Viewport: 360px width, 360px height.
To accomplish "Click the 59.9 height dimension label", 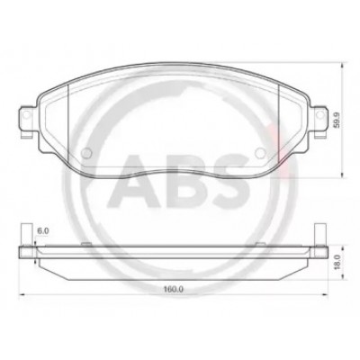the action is click(x=337, y=120).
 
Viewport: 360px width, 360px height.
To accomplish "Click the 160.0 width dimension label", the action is click(x=174, y=290).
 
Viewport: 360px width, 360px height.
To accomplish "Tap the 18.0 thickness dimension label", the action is click(x=337, y=262).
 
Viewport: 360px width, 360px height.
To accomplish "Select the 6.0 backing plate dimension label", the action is click(x=42, y=230).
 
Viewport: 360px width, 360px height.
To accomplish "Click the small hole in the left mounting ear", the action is click(x=26, y=114).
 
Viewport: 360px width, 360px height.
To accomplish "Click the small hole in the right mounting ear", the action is click(x=320, y=114).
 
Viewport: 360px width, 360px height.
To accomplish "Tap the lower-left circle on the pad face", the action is click(x=86, y=153).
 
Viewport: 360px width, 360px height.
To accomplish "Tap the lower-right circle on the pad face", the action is click(x=260, y=153).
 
